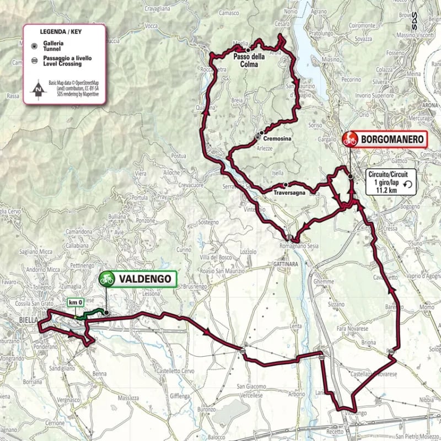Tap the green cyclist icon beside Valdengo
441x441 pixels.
(x=106, y=279)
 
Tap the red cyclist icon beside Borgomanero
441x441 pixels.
(x=349, y=139)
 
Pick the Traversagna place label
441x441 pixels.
(x=289, y=192)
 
